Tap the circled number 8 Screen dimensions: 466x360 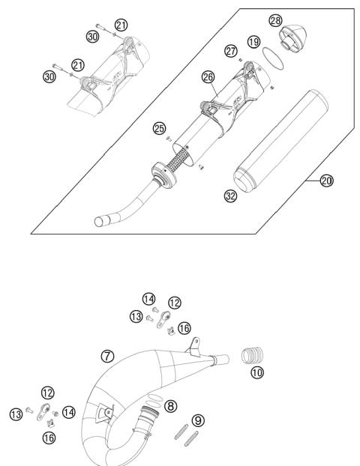pyautogui.click(x=171, y=406)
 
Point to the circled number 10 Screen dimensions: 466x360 pyautogui.click(x=257, y=371)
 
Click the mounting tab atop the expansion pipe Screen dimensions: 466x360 pyautogui.click(x=195, y=345)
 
